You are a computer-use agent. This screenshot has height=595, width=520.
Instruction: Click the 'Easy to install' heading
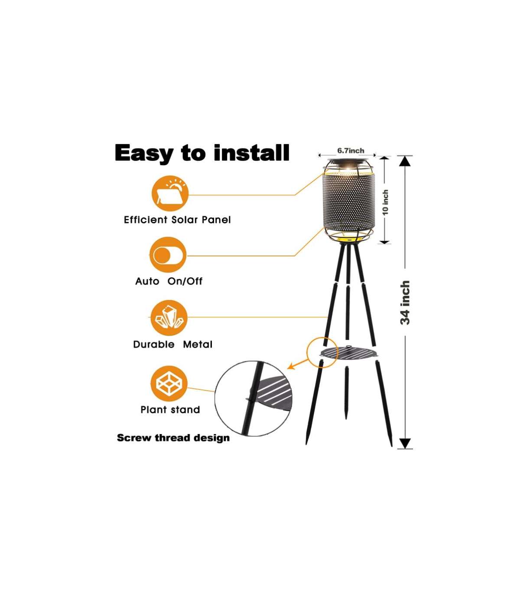point(202,153)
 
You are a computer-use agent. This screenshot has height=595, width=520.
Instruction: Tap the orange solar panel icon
point(170,193)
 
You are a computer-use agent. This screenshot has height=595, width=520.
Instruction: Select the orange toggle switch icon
point(168,255)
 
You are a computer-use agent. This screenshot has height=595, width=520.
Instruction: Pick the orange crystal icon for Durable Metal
point(169,318)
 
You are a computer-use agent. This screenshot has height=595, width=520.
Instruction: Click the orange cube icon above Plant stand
point(169,383)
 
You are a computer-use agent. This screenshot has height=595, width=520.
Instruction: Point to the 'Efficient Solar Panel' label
point(177,219)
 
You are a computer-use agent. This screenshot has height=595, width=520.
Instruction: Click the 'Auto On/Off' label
point(169,281)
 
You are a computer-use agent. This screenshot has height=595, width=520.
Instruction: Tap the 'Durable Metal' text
point(173,344)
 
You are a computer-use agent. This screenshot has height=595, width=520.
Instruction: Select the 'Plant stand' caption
point(170,409)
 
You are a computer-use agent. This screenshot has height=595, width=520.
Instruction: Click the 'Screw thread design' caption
point(173,438)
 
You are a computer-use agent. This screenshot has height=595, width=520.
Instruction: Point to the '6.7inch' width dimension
point(351,150)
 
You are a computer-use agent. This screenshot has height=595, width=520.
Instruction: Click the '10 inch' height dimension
point(386,203)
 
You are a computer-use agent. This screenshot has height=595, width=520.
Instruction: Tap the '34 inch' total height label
point(405,302)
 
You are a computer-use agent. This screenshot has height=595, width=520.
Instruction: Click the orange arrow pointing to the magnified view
point(297,364)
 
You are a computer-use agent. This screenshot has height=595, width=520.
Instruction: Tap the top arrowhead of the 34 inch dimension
point(405,161)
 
